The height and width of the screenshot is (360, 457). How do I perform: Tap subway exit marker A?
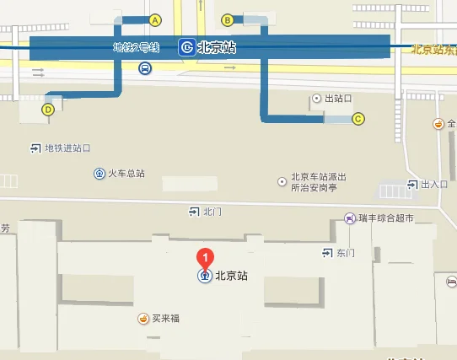tap(154, 19)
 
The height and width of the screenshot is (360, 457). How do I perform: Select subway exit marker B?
tap(227, 19)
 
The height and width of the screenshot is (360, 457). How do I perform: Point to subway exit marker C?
tap(358, 119)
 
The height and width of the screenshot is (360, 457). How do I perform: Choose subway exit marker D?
tap(48, 108)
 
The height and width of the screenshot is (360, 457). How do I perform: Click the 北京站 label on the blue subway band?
tap(216, 48)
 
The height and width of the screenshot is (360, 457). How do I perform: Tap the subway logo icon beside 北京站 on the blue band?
tap(186, 48)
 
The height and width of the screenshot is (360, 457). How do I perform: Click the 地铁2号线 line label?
tap(136, 48)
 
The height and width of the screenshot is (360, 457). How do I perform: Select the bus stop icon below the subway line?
tap(146, 68)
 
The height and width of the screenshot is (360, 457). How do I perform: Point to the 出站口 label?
tap(337, 99)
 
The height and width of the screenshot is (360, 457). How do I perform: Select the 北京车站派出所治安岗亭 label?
tap(319, 182)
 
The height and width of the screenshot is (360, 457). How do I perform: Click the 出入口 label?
tap(434, 184)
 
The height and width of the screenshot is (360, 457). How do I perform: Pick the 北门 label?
tap(212, 211)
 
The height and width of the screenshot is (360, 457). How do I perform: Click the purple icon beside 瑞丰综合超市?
tap(349, 218)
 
